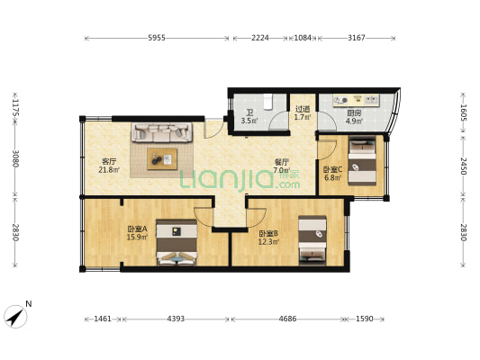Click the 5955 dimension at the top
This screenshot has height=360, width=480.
tap(157, 38)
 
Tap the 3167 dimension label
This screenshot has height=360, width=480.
tap(357, 38)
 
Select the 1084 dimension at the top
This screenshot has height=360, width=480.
tap(303, 38)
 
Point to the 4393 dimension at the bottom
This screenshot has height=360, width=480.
tap(176, 319)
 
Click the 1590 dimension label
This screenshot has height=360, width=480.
tap(365, 319)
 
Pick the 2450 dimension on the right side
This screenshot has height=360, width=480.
tap(463, 166)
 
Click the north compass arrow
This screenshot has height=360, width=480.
tap(15, 317)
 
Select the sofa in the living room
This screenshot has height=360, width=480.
tap(162, 132)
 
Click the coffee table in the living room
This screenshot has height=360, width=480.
tap(162, 158)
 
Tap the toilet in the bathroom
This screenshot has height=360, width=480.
tap(267, 102)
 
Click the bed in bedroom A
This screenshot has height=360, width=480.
tap(177, 242)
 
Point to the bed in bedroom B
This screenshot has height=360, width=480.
tap(312, 240)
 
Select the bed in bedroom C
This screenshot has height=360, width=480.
tap(362, 160)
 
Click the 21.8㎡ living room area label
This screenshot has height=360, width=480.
tap(109, 170)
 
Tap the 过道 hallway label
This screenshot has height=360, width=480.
tap(303, 109)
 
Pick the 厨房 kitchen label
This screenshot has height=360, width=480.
tap(354, 112)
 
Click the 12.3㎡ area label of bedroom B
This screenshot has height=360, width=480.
tap(268, 242)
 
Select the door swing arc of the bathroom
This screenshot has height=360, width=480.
tap(277, 120)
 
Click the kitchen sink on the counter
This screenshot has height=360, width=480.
tap(372, 99)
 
